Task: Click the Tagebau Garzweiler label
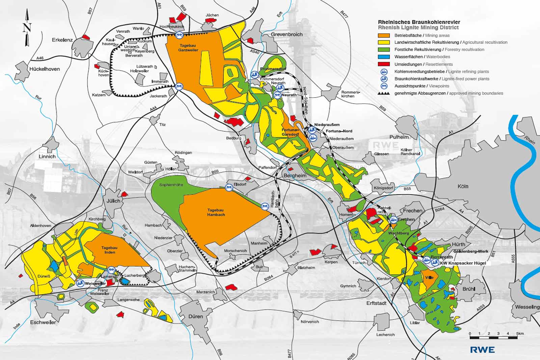point(188,48)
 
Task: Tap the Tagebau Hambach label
point(216,212)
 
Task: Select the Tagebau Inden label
point(110,250)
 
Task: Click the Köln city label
point(463,186)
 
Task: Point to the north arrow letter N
point(27,27)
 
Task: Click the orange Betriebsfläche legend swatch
point(384,35)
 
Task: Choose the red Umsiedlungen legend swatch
point(384,64)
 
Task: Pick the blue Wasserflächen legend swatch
point(384,57)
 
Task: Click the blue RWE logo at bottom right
point(482,350)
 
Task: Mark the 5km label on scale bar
point(520,334)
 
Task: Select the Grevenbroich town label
point(287,34)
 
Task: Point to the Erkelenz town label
point(62,40)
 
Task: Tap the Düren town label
point(196,316)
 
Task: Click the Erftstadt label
point(376,303)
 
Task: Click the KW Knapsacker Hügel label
point(462,263)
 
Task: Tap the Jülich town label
point(113,201)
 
